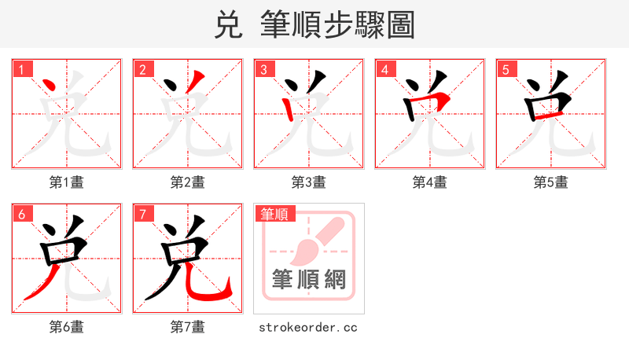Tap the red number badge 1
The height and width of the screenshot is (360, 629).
point(21,69)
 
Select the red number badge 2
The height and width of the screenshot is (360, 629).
point(142,69)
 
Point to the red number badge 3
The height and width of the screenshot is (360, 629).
point(263,69)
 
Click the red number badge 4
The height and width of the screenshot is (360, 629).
point(384,69)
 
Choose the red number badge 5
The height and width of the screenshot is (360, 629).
point(506,69)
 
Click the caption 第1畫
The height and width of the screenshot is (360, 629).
point(67,182)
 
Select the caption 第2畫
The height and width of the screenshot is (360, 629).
point(188,182)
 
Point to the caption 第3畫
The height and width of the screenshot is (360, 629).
point(309,182)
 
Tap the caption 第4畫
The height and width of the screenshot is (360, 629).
point(430,182)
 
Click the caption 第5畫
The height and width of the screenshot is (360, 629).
point(551,182)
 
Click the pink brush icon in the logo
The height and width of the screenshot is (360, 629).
point(314,240)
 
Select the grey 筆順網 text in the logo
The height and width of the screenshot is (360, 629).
point(308,279)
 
